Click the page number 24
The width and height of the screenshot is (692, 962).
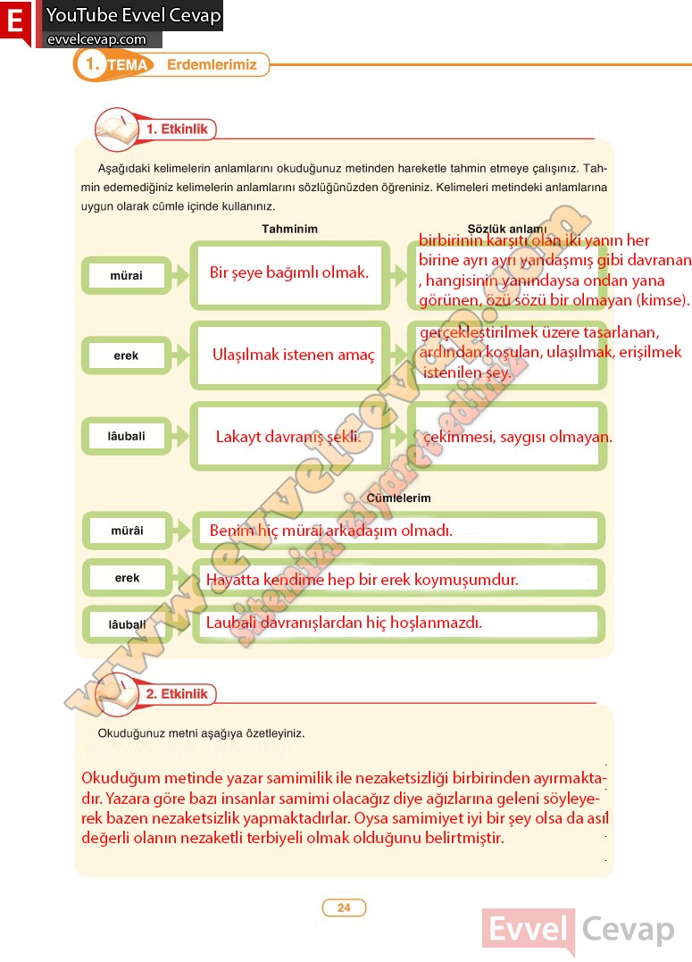(344, 908)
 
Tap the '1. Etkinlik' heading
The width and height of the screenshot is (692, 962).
(177, 130)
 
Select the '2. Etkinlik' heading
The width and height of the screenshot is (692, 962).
(177, 694)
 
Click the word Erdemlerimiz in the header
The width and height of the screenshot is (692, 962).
(212, 65)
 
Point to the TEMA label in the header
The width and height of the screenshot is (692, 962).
(127, 66)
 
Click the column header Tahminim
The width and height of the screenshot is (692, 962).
(289, 229)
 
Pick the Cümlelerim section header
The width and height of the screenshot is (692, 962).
(398, 498)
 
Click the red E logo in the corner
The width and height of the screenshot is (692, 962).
(15, 23)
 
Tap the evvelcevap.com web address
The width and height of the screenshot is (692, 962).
(96, 39)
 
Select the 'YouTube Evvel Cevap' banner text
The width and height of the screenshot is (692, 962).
(133, 15)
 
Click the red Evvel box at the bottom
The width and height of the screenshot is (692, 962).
(529, 931)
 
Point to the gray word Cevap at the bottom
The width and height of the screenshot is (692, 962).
(629, 931)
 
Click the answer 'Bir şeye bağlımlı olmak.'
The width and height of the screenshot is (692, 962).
(289, 272)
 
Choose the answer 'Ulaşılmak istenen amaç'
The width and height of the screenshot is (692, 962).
(294, 355)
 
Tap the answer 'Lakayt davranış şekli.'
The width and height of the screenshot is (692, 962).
(288, 437)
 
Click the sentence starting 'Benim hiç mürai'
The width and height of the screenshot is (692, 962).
(331, 531)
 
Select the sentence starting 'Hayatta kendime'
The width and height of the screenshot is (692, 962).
(363, 580)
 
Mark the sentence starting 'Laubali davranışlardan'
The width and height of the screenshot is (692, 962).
(344, 623)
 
